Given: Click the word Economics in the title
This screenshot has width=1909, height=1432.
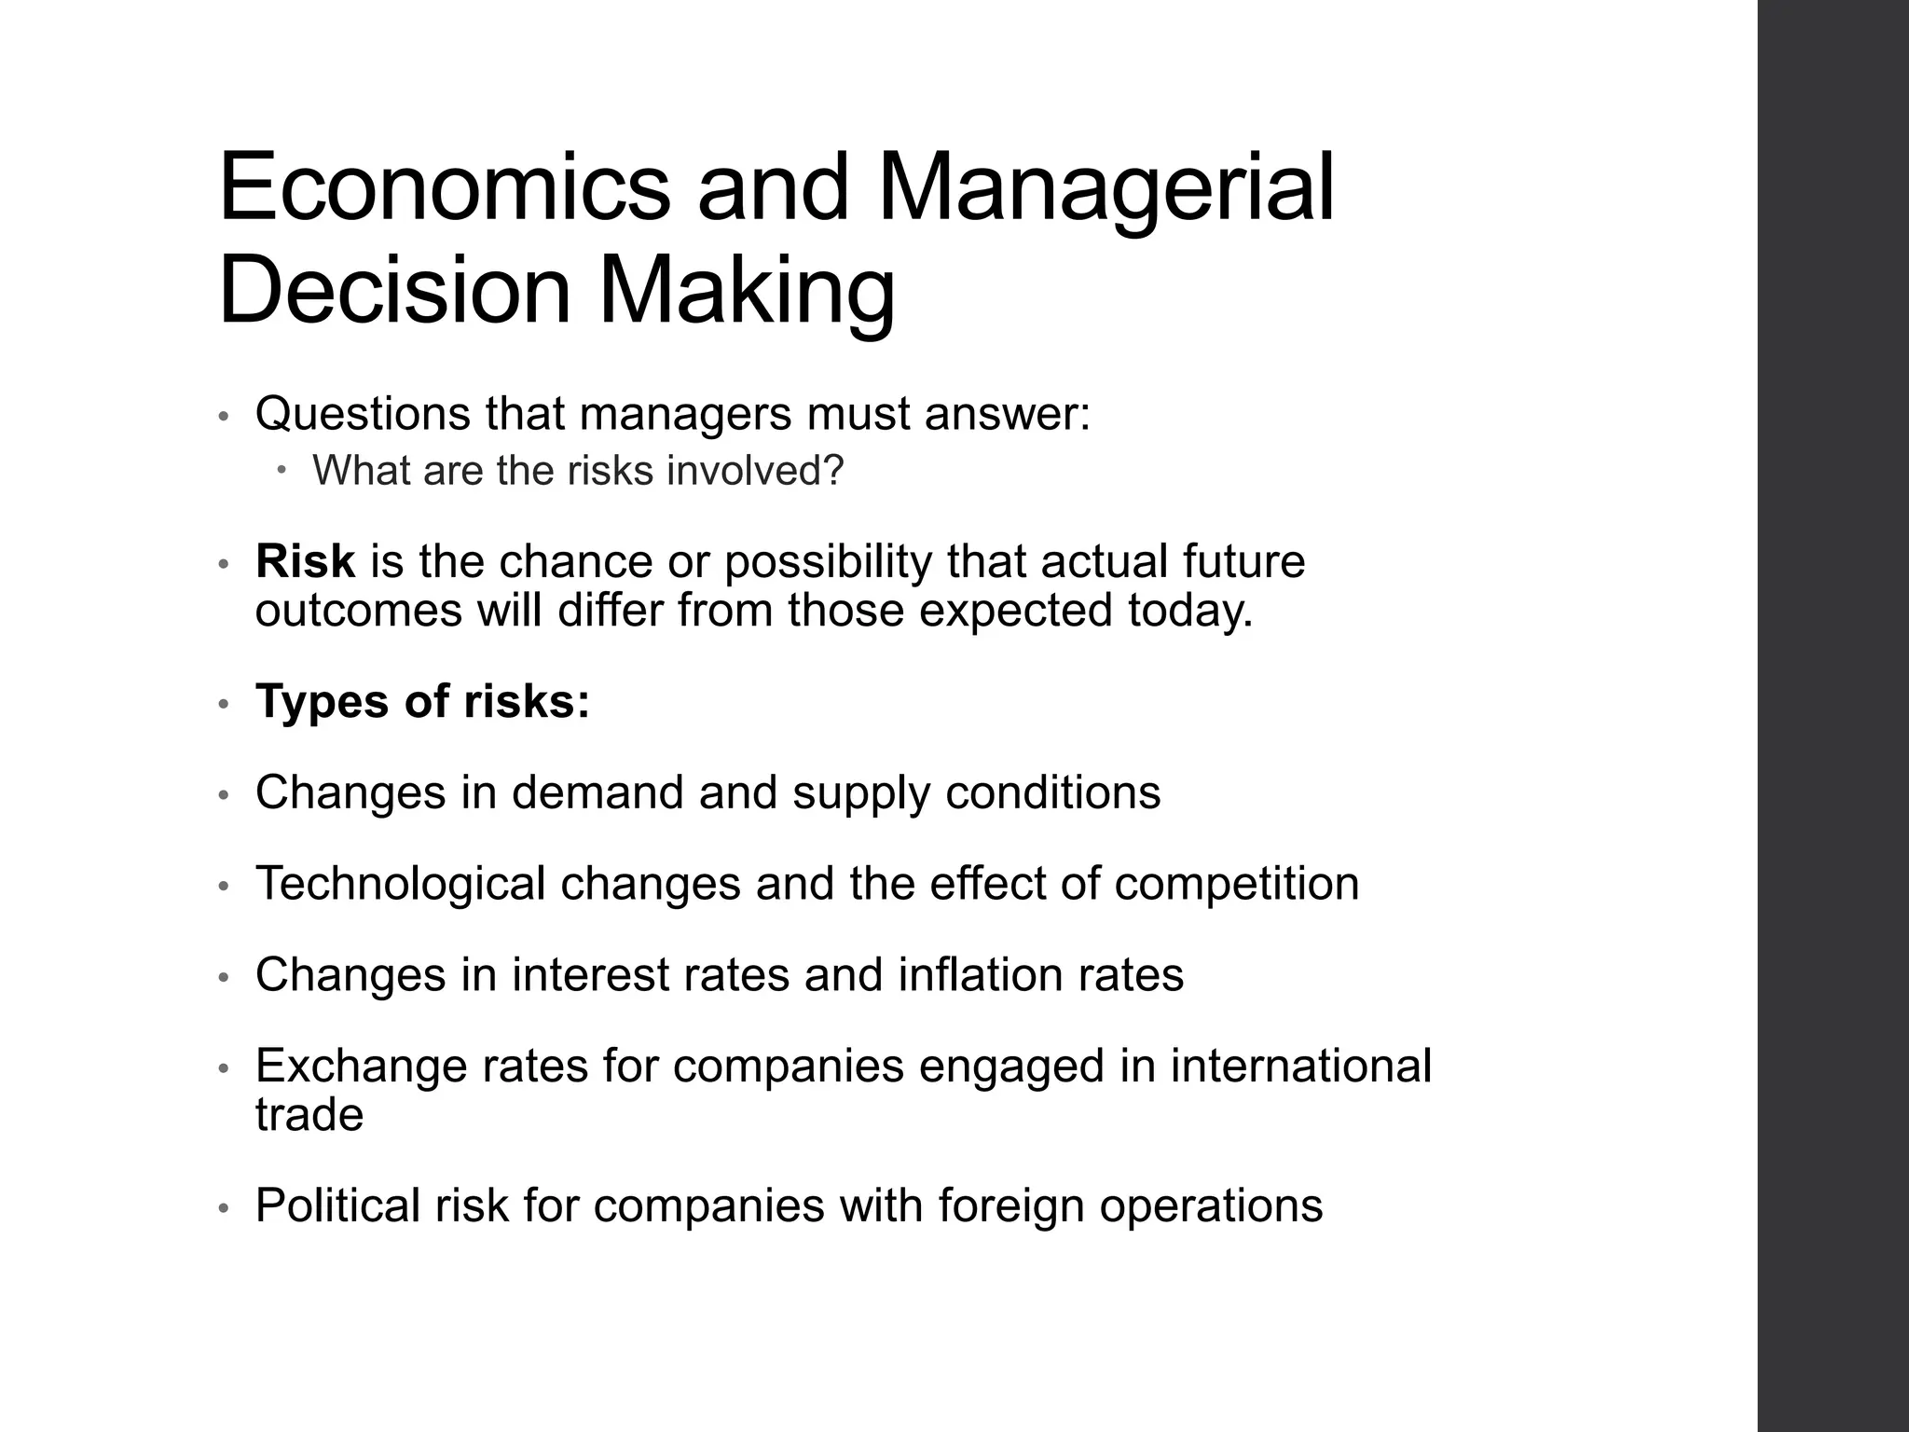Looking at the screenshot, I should point(444,188).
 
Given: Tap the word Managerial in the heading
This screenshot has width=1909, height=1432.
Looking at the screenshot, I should point(1106,188).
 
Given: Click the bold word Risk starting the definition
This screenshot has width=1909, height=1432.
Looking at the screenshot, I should point(305,561).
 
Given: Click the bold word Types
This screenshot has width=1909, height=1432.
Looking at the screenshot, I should point(323,701).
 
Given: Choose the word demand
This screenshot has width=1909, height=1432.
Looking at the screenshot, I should point(597,792).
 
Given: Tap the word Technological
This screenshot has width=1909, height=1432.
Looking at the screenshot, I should point(400,884).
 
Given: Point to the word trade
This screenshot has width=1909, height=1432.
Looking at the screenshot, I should point(309,1115).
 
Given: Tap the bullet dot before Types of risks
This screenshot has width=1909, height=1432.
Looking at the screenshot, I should point(223,705).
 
